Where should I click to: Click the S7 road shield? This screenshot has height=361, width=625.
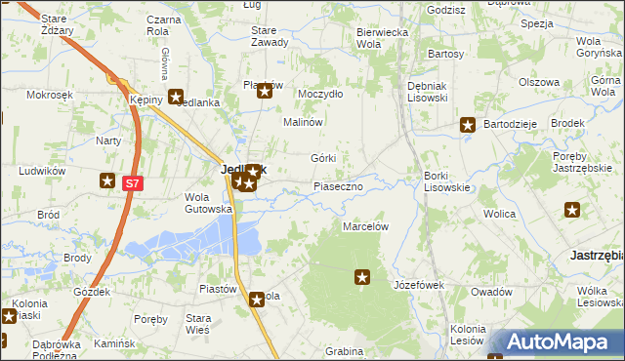coord(134,181)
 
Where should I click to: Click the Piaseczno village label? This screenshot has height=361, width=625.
coord(338,185)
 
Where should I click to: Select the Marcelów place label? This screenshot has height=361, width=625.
coord(366,226)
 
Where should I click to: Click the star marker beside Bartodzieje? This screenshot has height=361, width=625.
coord(468,125)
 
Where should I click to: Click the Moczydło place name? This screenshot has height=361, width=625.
coord(320,94)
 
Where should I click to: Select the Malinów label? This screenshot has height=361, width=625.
coord(303,123)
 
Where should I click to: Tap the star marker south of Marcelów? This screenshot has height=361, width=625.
coord(362,278)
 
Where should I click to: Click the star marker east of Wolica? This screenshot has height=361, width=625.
coord(572,209)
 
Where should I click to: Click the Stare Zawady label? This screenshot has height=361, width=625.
coord(270,36)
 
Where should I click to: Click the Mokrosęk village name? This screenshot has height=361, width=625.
coord(51,95)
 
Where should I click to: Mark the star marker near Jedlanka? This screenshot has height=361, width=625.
coord(176,97)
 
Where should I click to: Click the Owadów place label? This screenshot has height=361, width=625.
coord(491,292)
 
